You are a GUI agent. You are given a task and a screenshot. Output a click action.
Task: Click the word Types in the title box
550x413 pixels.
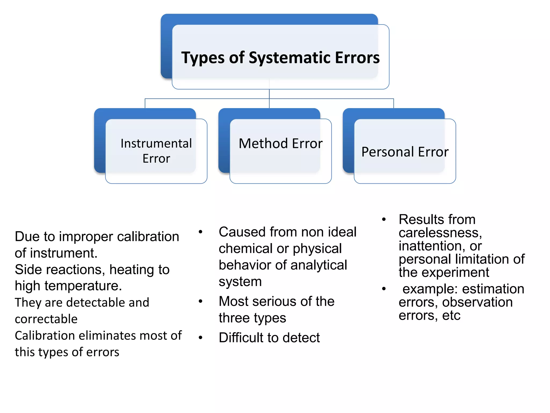(x=199, y=58)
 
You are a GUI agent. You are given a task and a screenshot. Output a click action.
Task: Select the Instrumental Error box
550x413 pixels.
(x=156, y=151)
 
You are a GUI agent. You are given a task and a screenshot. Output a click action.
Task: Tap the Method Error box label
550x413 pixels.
(x=280, y=143)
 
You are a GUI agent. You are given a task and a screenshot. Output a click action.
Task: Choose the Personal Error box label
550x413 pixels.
(x=405, y=152)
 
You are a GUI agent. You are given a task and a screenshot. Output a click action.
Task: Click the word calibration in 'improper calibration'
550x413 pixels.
(x=148, y=237)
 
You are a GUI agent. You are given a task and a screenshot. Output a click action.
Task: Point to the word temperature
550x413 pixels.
(x=83, y=286)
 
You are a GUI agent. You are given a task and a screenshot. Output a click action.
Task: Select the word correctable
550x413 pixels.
(x=46, y=319)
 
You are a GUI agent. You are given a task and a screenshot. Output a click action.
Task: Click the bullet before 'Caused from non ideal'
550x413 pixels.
(x=200, y=232)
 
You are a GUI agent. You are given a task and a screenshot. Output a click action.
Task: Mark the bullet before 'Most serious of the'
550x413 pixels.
(x=200, y=301)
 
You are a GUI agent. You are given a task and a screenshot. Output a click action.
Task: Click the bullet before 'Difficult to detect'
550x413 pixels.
(x=200, y=338)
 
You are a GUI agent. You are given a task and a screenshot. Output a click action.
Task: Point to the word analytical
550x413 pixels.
(x=319, y=265)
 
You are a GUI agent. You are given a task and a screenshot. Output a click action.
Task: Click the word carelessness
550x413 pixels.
(x=440, y=233)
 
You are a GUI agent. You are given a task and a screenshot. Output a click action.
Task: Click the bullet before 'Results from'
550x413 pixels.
(x=384, y=219)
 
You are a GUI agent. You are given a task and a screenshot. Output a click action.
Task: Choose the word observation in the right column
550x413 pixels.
(x=477, y=302)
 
